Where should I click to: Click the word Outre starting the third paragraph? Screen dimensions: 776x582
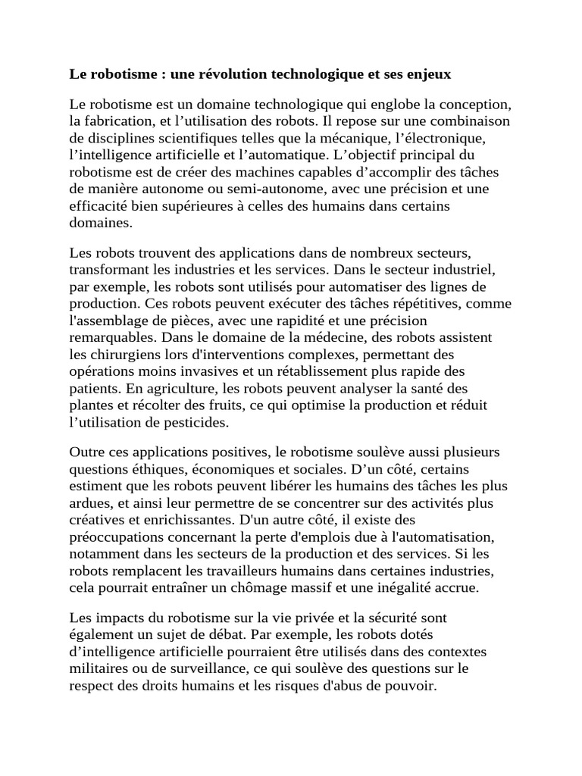pos(88,452)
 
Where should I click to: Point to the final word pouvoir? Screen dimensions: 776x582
pos(412,685)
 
